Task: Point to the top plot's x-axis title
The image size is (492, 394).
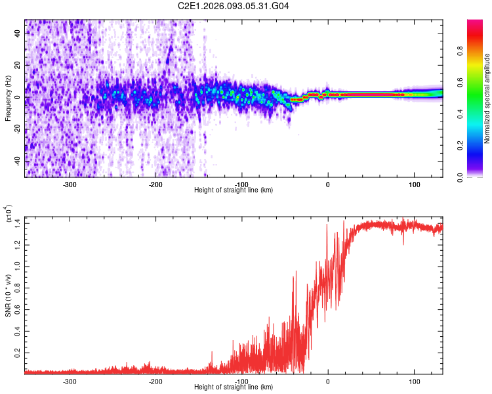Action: (x=234, y=190)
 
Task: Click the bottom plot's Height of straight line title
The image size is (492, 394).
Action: (x=234, y=386)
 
